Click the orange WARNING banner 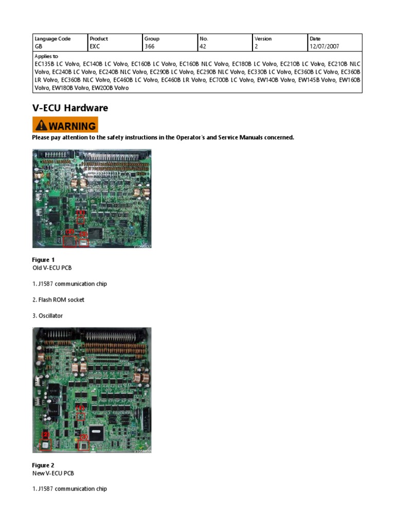click(65, 126)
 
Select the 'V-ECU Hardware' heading click(70, 108)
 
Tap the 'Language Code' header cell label click(52, 39)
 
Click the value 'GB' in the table click(39, 46)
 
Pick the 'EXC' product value click(95, 46)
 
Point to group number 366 click(150, 46)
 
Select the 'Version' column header click(263, 39)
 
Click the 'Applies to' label click(46, 56)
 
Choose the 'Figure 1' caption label click(43, 260)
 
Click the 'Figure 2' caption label click(43, 465)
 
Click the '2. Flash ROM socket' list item click(58, 300)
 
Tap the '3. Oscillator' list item click(47, 315)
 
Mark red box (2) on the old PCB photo click(69, 240)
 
